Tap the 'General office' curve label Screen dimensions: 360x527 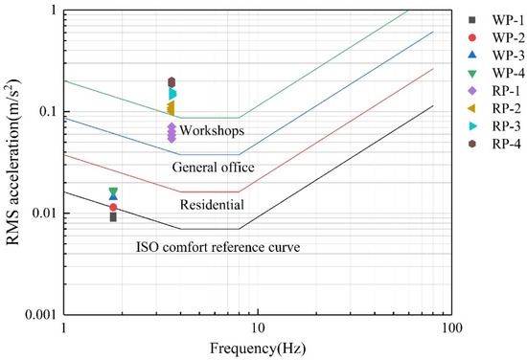coord(213,168)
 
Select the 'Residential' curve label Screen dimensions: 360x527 coord(212,204)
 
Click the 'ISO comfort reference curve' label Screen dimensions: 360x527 coord(218,248)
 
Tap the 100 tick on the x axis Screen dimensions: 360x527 coord(451,328)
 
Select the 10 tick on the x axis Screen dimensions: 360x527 coord(257,328)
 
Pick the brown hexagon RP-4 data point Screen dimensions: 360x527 coord(172,82)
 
